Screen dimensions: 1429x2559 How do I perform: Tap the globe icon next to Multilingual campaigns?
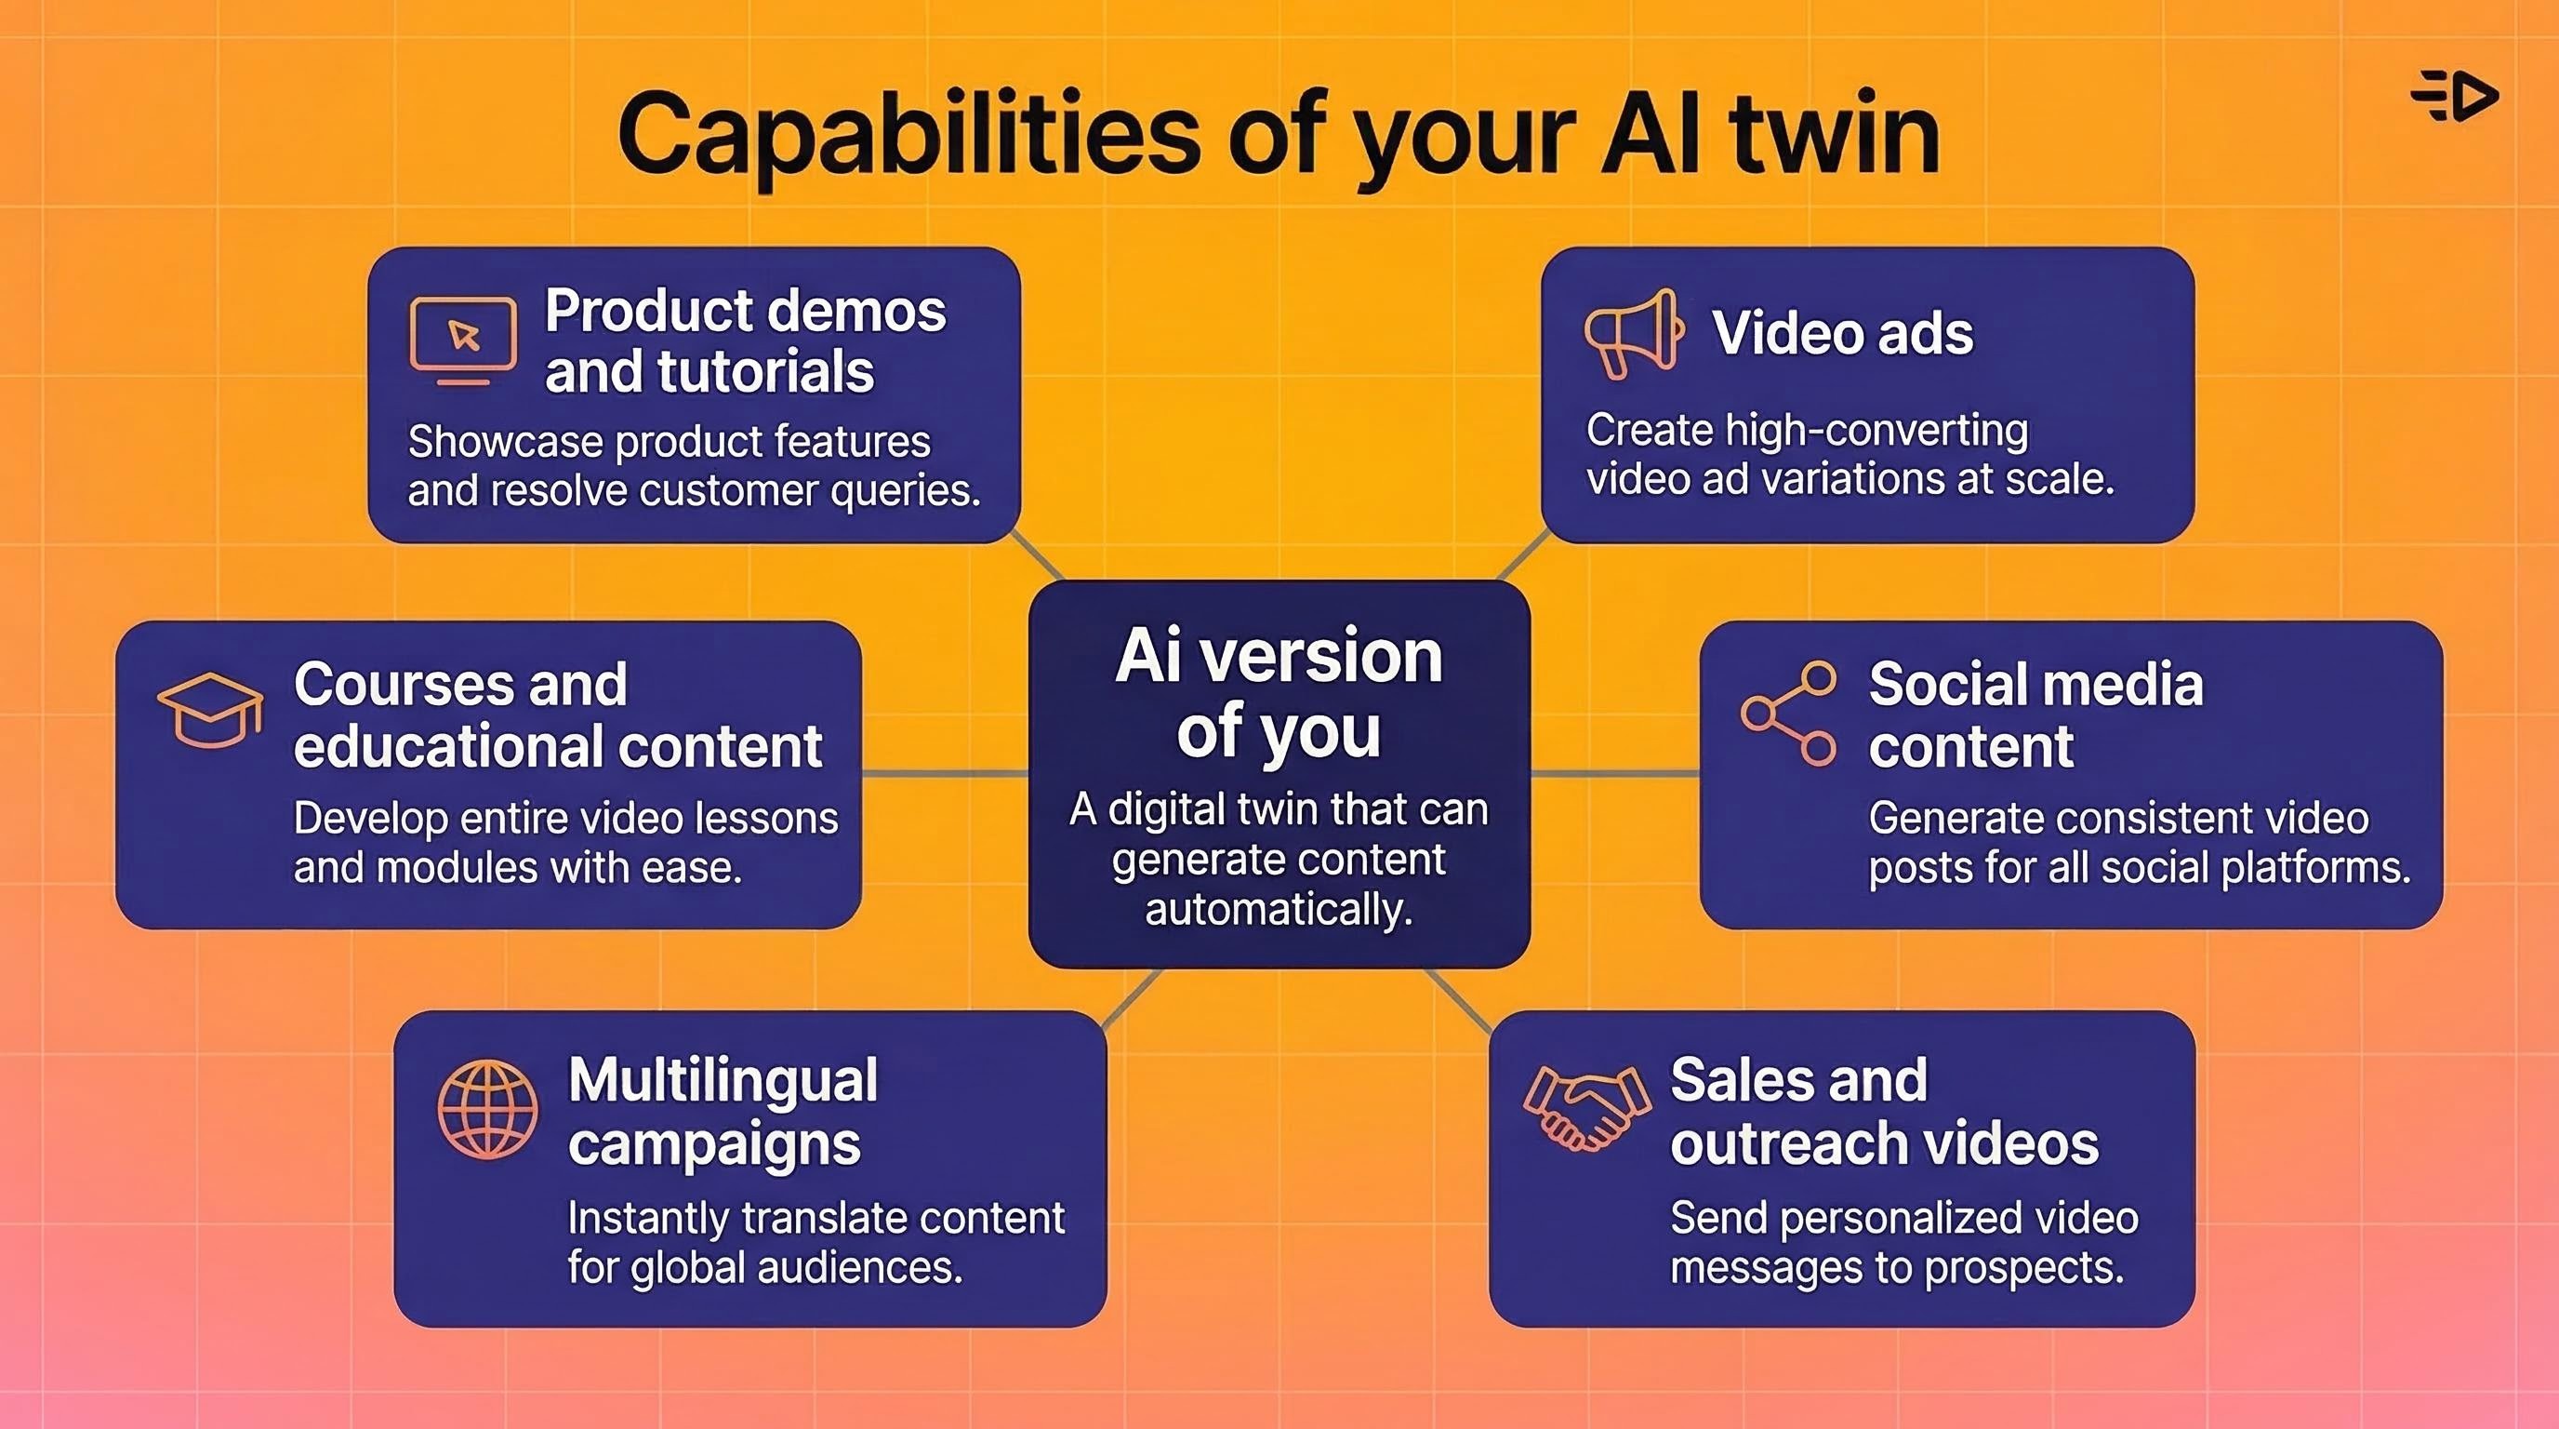click(486, 1109)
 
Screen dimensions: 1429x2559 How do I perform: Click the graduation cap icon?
click(209, 710)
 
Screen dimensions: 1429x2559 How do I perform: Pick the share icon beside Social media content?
click(1788, 713)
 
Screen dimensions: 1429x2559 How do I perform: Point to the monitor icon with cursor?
click(463, 340)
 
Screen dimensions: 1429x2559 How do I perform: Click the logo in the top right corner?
click(2455, 97)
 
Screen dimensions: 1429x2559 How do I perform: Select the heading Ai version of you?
click(1279, 693)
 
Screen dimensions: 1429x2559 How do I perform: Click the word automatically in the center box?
click(1279, 909)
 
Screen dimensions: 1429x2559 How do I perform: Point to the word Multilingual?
click(723, 1080)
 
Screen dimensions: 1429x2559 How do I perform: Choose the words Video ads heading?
click(1842, 333)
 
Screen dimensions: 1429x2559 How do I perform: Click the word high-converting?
click(1876, 432)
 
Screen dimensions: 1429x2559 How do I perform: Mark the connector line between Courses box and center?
click(945, 772)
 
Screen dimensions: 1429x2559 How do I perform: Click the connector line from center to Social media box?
click(1614, 772)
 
